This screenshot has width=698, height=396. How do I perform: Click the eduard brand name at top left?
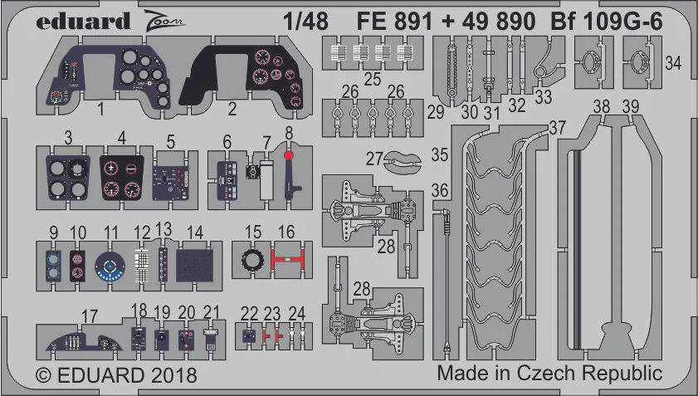point(83,21)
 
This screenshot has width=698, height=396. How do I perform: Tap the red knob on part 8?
point(289,155)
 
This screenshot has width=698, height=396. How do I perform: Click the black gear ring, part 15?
point(253,260)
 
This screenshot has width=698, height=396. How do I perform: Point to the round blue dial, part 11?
point(110,266)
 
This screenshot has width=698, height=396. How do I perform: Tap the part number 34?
point(673,63)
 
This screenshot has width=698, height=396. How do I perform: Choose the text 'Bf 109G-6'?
point(607,21)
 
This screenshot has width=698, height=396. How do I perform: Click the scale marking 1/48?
point(305,21)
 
